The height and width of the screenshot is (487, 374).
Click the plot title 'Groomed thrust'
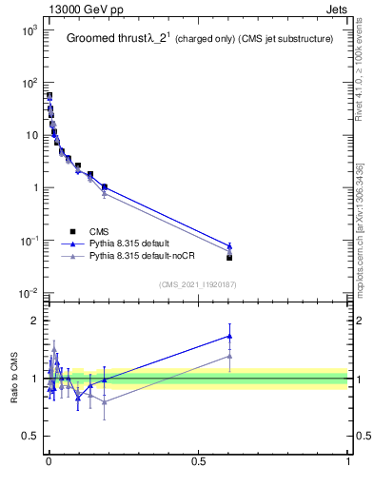coord(105,39)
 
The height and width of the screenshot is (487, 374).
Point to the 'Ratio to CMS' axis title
coord(14,379)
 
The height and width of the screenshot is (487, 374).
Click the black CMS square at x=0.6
coord(229,257)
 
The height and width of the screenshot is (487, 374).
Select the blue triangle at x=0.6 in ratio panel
coord(229,335)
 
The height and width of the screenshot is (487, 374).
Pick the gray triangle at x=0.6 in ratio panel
coord(229,356)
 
